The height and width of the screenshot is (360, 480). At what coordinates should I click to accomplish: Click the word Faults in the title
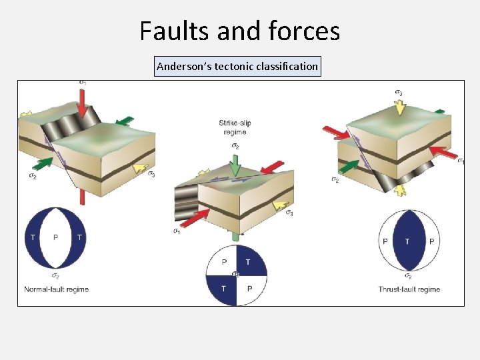173,31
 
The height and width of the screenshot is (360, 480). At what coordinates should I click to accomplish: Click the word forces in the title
303,31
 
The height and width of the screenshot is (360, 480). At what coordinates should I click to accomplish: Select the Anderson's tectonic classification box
237,67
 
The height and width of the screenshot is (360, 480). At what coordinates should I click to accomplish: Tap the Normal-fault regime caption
57,289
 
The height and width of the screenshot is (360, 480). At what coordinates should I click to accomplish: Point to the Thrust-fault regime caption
409,289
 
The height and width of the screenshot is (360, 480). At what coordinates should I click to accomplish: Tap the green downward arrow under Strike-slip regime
234,165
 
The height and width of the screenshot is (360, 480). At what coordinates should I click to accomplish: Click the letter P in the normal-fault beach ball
56,237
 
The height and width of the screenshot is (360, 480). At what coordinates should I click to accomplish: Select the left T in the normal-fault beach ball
33,237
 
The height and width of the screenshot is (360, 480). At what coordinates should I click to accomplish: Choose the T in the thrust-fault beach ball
407,241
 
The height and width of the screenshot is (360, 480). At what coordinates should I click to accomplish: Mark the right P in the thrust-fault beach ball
431,241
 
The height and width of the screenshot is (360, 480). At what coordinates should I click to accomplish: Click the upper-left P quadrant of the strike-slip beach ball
224,262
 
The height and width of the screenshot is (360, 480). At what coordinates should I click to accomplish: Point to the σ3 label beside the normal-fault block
152,175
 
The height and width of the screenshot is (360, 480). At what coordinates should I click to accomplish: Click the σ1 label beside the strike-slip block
177,231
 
